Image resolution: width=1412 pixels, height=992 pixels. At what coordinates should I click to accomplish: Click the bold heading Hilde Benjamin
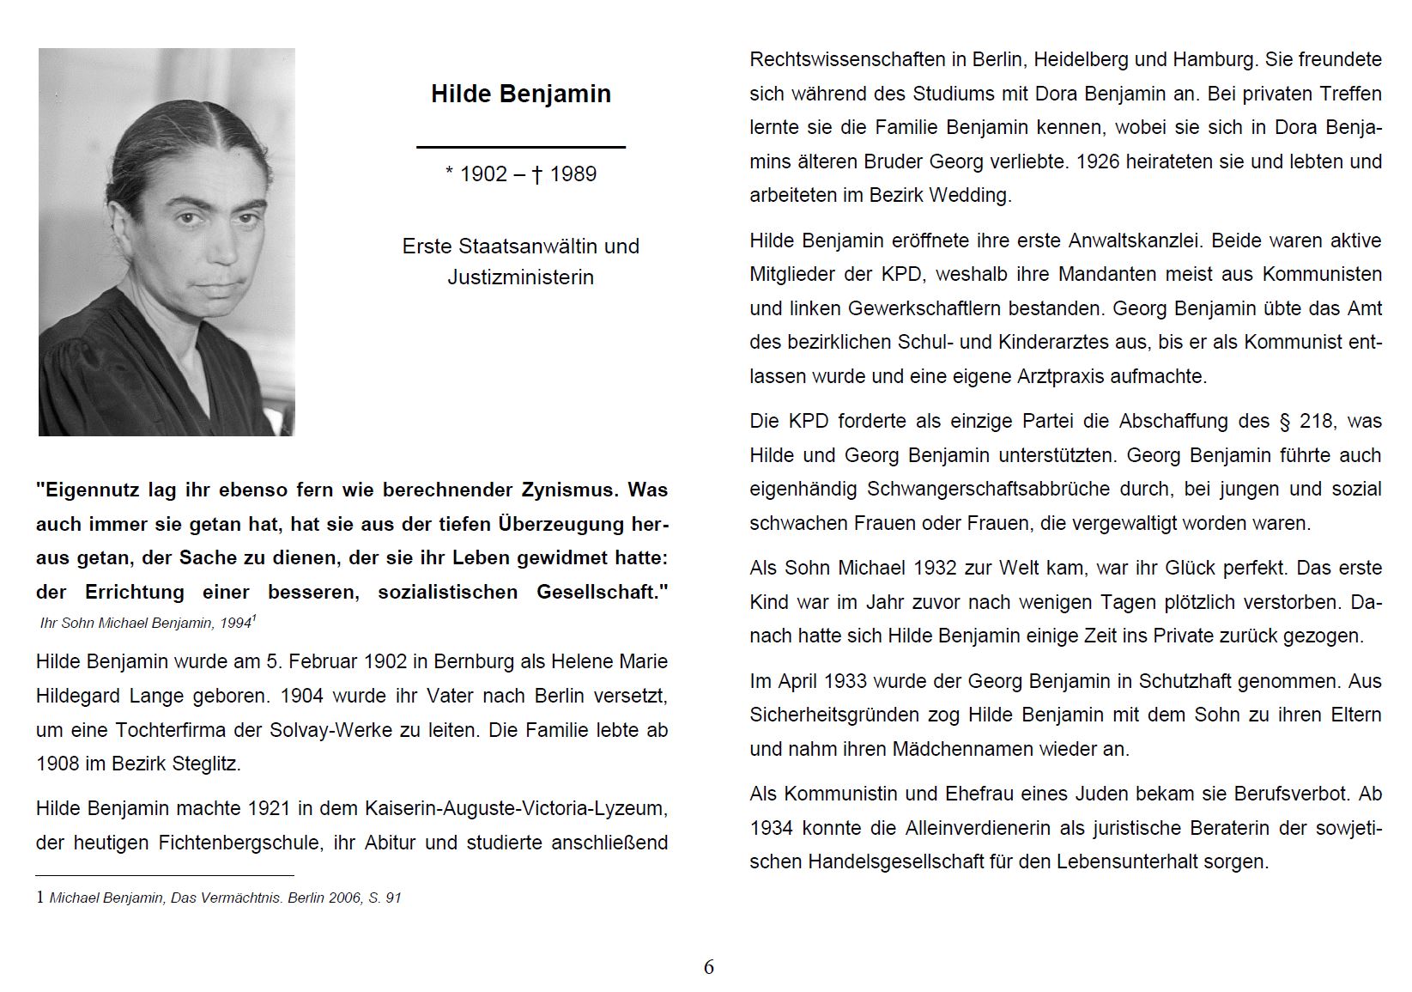click(x=520, y=94)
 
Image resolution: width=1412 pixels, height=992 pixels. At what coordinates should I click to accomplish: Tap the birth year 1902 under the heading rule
click(x=484, y=174)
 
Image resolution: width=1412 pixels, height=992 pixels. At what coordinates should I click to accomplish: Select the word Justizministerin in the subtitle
click(x=520, y=277)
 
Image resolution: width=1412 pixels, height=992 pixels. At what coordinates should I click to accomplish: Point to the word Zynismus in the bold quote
click(x=571, y=490)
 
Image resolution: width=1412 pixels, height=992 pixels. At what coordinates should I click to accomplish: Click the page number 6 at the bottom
click(x=708, y=967)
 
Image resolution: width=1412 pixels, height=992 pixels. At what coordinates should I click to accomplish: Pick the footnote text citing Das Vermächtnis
click(x=225, y=898)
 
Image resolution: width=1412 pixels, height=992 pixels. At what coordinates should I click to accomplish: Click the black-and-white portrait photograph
click(x=167, y=242)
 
